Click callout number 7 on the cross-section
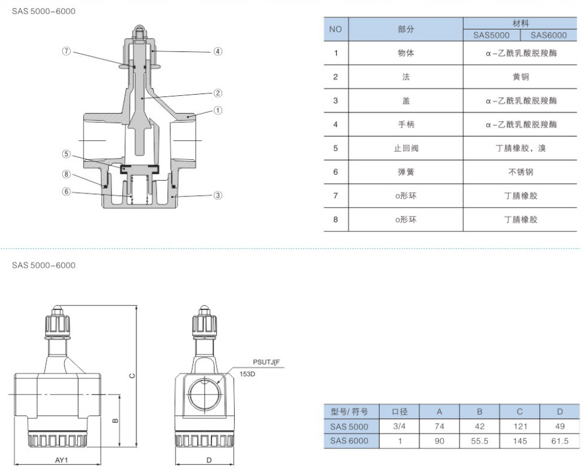tap(66, 51)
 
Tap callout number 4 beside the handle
tap(217, 51)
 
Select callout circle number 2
tap(217, 93)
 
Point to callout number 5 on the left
tap(66, 154)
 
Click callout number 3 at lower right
tap(217, 195)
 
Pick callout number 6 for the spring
tap(66, 192)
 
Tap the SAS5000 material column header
tap(491, 35)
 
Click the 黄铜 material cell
tap(520, 77)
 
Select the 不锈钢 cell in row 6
tap(520, 172)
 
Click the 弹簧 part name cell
tap(406, 172)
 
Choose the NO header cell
tap(336, 29)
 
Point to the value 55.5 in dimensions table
tap(480, 441)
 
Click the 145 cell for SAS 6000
tap(520, 441)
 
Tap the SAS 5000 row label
tap(349, 427)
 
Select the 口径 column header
tap(399, 412)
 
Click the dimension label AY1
tap(62, 460)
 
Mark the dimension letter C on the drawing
tap(132, 375)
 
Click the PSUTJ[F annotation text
tap(266, 362)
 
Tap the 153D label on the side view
tap(247, 374)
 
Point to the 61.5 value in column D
tap(560, 441)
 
